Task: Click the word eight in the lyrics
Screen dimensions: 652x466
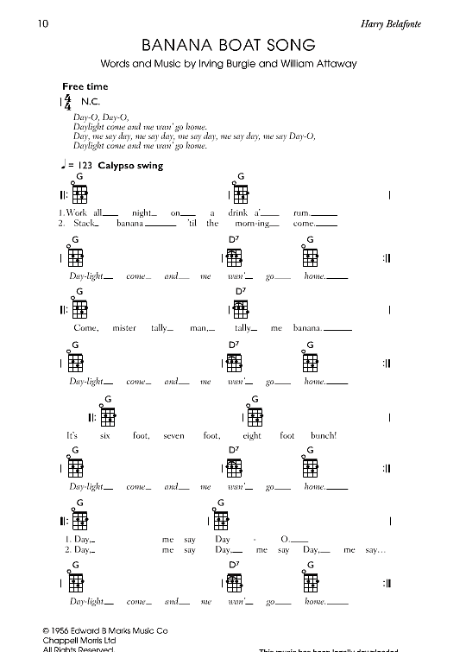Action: [x=251, y=436]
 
